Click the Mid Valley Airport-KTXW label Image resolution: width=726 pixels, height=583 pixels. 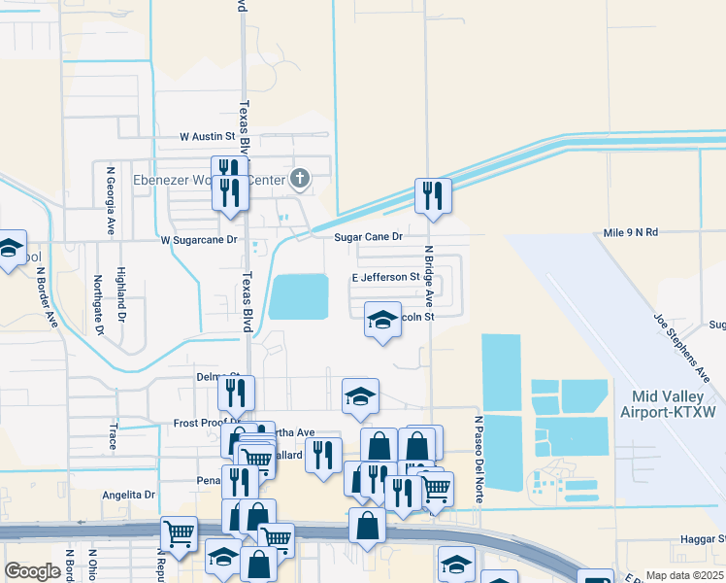673,403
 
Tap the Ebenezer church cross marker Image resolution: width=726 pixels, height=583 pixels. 300,178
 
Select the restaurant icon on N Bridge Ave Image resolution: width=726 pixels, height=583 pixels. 430,195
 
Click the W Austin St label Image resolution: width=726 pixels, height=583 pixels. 208,137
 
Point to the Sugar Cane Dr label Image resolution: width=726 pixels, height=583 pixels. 368,236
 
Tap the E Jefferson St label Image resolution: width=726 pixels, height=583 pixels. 384,277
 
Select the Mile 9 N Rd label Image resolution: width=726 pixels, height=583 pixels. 630,232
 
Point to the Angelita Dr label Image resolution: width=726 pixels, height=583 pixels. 129,495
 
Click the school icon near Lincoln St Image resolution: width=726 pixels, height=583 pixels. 382,320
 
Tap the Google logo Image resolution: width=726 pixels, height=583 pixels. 33,571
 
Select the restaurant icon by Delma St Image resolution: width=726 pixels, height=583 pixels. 236,393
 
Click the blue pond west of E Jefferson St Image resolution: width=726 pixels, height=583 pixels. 298,295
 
